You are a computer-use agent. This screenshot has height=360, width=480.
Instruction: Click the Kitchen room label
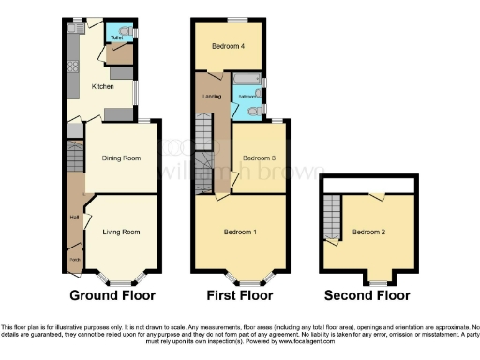pyautogui.click(x=102, y=86)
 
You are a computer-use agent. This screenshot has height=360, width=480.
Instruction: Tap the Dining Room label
pyautogui.click(x=121, y=157)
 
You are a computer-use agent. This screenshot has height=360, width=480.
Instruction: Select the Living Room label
pyautogui.click(x=121, y=232)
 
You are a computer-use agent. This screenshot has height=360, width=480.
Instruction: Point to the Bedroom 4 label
pyautogui.click(x=228, y=46)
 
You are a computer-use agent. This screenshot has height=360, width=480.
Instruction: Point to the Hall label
pyautogui.click(x=73, y=218)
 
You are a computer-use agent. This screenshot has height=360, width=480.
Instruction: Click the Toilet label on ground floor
pyautogui.click(x=116, y=38)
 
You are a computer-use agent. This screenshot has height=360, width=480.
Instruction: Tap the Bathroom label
pyautogui.click(x=247, y=96)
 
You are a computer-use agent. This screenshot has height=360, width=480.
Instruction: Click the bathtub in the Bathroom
pyautogui.click(x=247, y=78)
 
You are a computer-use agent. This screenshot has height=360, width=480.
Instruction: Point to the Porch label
pyautogui.click(x=73, y=259)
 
